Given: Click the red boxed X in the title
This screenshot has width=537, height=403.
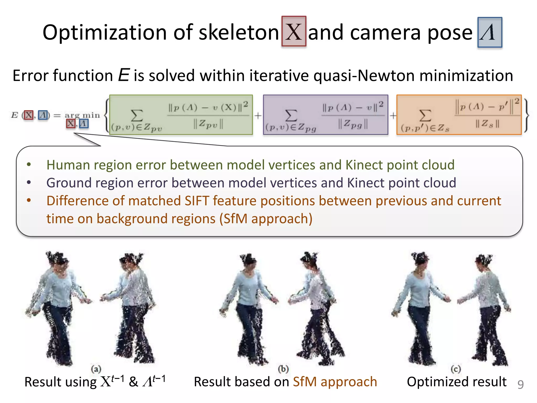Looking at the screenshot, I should coord(294,31).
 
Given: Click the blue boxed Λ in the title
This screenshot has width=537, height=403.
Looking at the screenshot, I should coord(490,33).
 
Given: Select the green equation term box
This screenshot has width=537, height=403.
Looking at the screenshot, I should coord(181,115).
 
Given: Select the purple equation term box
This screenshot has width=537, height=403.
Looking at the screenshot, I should coord(325,115).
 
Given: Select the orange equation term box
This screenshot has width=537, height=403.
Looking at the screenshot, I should coord(459,115).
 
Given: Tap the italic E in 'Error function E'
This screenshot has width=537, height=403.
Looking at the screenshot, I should coord(123,75).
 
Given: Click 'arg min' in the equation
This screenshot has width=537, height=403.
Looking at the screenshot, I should coord(82,115).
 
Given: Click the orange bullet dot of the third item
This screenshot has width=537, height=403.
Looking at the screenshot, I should coord(29,201).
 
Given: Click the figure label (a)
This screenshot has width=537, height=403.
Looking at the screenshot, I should coord(96,369).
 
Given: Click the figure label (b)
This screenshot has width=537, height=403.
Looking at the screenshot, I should coord(283,369).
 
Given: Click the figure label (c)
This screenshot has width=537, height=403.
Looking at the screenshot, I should coord(456,369).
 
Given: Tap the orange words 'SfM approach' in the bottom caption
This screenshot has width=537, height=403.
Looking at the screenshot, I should coord(335,382).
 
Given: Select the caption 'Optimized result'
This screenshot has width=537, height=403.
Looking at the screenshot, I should coord(457,382).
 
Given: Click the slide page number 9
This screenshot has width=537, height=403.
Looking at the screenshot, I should coord(520,384).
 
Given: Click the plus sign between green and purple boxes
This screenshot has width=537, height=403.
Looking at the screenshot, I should coord(258,115).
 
